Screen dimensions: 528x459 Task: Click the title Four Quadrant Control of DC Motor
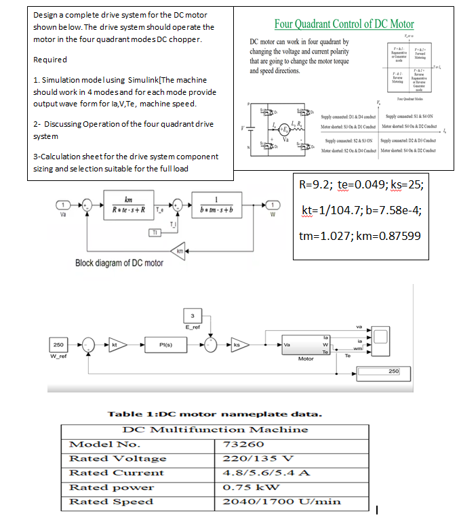[344, 24]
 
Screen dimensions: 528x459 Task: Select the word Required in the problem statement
[50, 60]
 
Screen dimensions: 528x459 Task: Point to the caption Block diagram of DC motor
[119, 263]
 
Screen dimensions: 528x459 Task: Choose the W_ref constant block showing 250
[59, 344]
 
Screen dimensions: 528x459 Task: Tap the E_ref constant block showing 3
[192, 315]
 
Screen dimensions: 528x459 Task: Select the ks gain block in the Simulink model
[237, 345]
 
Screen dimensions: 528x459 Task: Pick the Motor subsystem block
[305, 344]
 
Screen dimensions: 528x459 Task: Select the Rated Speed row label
[112, 502]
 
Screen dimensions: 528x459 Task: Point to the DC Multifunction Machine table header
[215, 430]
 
